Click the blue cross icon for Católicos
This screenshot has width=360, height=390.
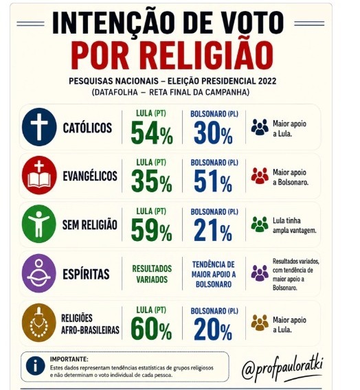tap(39, 127)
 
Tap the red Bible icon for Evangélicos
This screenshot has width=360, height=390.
tap(39, 175)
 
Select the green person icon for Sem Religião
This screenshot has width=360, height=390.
tap(39, 224)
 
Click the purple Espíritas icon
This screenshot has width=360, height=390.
tap(39, 273)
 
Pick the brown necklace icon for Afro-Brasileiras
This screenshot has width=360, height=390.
tap(39, 323)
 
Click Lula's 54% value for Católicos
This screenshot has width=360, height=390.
tap(152, 133)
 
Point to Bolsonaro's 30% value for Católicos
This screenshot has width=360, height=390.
tap(213, 133)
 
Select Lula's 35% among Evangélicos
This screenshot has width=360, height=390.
tap(152, 181)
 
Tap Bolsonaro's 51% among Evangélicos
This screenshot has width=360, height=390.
tap(213, 181)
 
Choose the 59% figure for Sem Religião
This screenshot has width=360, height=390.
tap(152, 230)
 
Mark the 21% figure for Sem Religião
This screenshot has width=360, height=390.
tap(213, 230)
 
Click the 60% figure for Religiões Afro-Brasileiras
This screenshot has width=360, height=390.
tap(152, 329)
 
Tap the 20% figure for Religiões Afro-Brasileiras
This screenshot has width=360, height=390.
tap(213, 329)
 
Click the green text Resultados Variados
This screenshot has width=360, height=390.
tap(152, 274)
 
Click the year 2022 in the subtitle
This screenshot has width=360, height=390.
tap(267, 81)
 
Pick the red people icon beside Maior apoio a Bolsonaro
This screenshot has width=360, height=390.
tap(260, 176)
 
